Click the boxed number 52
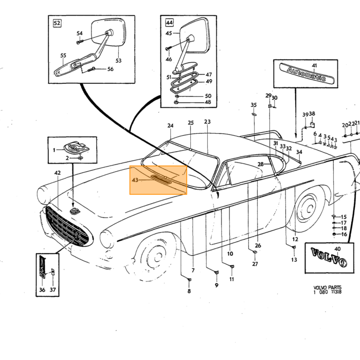[x=57, y=23]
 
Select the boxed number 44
[x=169, y=23]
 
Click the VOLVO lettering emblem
[x=329, y=257]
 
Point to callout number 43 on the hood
[x=135, y=180]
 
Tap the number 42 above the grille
[x=58, y=173]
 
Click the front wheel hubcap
[x=157, y=257]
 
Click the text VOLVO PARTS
[x=328, y=287]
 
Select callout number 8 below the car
[x=189, y=291]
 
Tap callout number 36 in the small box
[x=42, y=290]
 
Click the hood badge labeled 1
[x=76, y=148]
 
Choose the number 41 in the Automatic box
[x=314, y=65]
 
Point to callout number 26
[x=258, y=245]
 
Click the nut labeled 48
[x=176, y=102]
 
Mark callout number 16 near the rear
[x=344, y=234]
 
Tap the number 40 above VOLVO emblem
[x=337, y=249]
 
